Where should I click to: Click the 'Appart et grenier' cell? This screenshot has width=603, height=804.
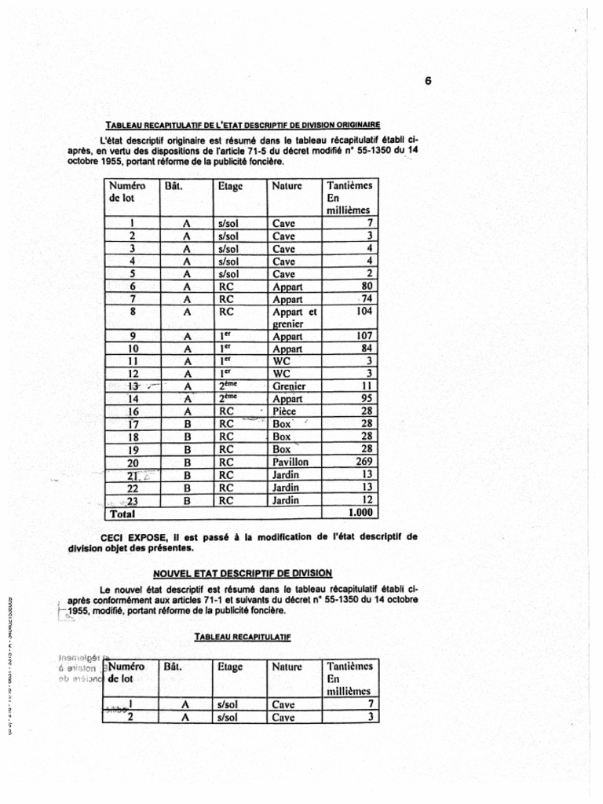coord(293,317)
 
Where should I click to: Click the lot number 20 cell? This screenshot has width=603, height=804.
coord(133,462)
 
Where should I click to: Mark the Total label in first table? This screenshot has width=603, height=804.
coord(122,513)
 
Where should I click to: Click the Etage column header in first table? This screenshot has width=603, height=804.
coord(231,186)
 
